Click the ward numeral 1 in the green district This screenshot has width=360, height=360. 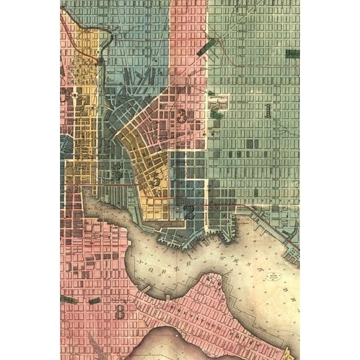pyautogui.click(x=267, y=111)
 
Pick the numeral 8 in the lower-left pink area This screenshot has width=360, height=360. pyautogui.click(x=119, y=312)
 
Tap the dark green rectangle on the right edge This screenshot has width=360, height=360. pyautogui.click(x=292, y=54)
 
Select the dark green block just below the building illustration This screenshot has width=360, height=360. pyautogui.click(x=216, y=115)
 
